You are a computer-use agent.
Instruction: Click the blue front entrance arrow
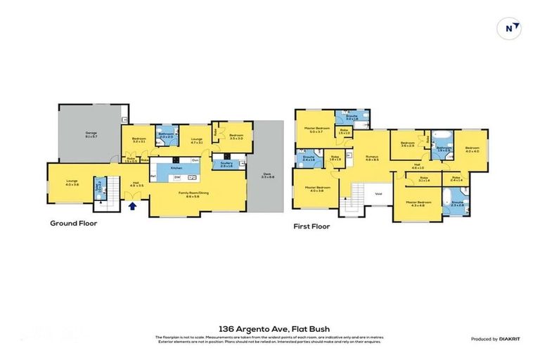click(x=133, y=206)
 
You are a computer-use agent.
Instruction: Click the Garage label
click(x=91, y=133)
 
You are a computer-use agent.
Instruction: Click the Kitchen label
click(x=176, y=169)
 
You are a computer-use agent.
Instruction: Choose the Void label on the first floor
click(x=378, y=194)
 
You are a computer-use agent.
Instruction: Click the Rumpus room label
click(x=371, y=157)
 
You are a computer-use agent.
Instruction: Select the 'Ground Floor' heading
click(x=73, y=224)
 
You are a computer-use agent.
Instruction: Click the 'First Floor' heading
click(x=311, y=226)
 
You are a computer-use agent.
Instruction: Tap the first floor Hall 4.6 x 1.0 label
click(x=416, y=167)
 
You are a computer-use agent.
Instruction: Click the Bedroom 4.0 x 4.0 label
click(x=471, y=149)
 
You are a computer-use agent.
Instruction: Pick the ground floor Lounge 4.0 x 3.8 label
click(x=72, y=183)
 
